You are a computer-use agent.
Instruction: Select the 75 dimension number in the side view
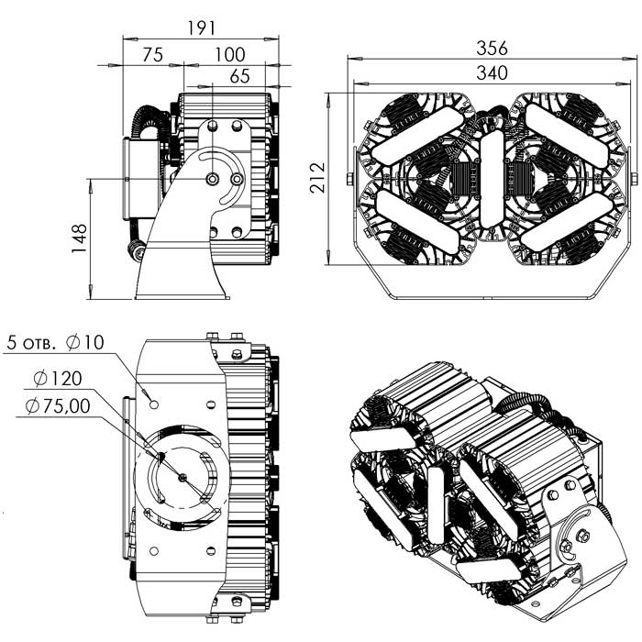(151, 55)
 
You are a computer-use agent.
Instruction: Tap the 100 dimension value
(229, 55)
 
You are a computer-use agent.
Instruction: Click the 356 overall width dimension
(491, 48)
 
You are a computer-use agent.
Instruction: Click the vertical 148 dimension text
(80, 238)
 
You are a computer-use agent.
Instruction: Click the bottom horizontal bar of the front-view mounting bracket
(492, 296)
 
